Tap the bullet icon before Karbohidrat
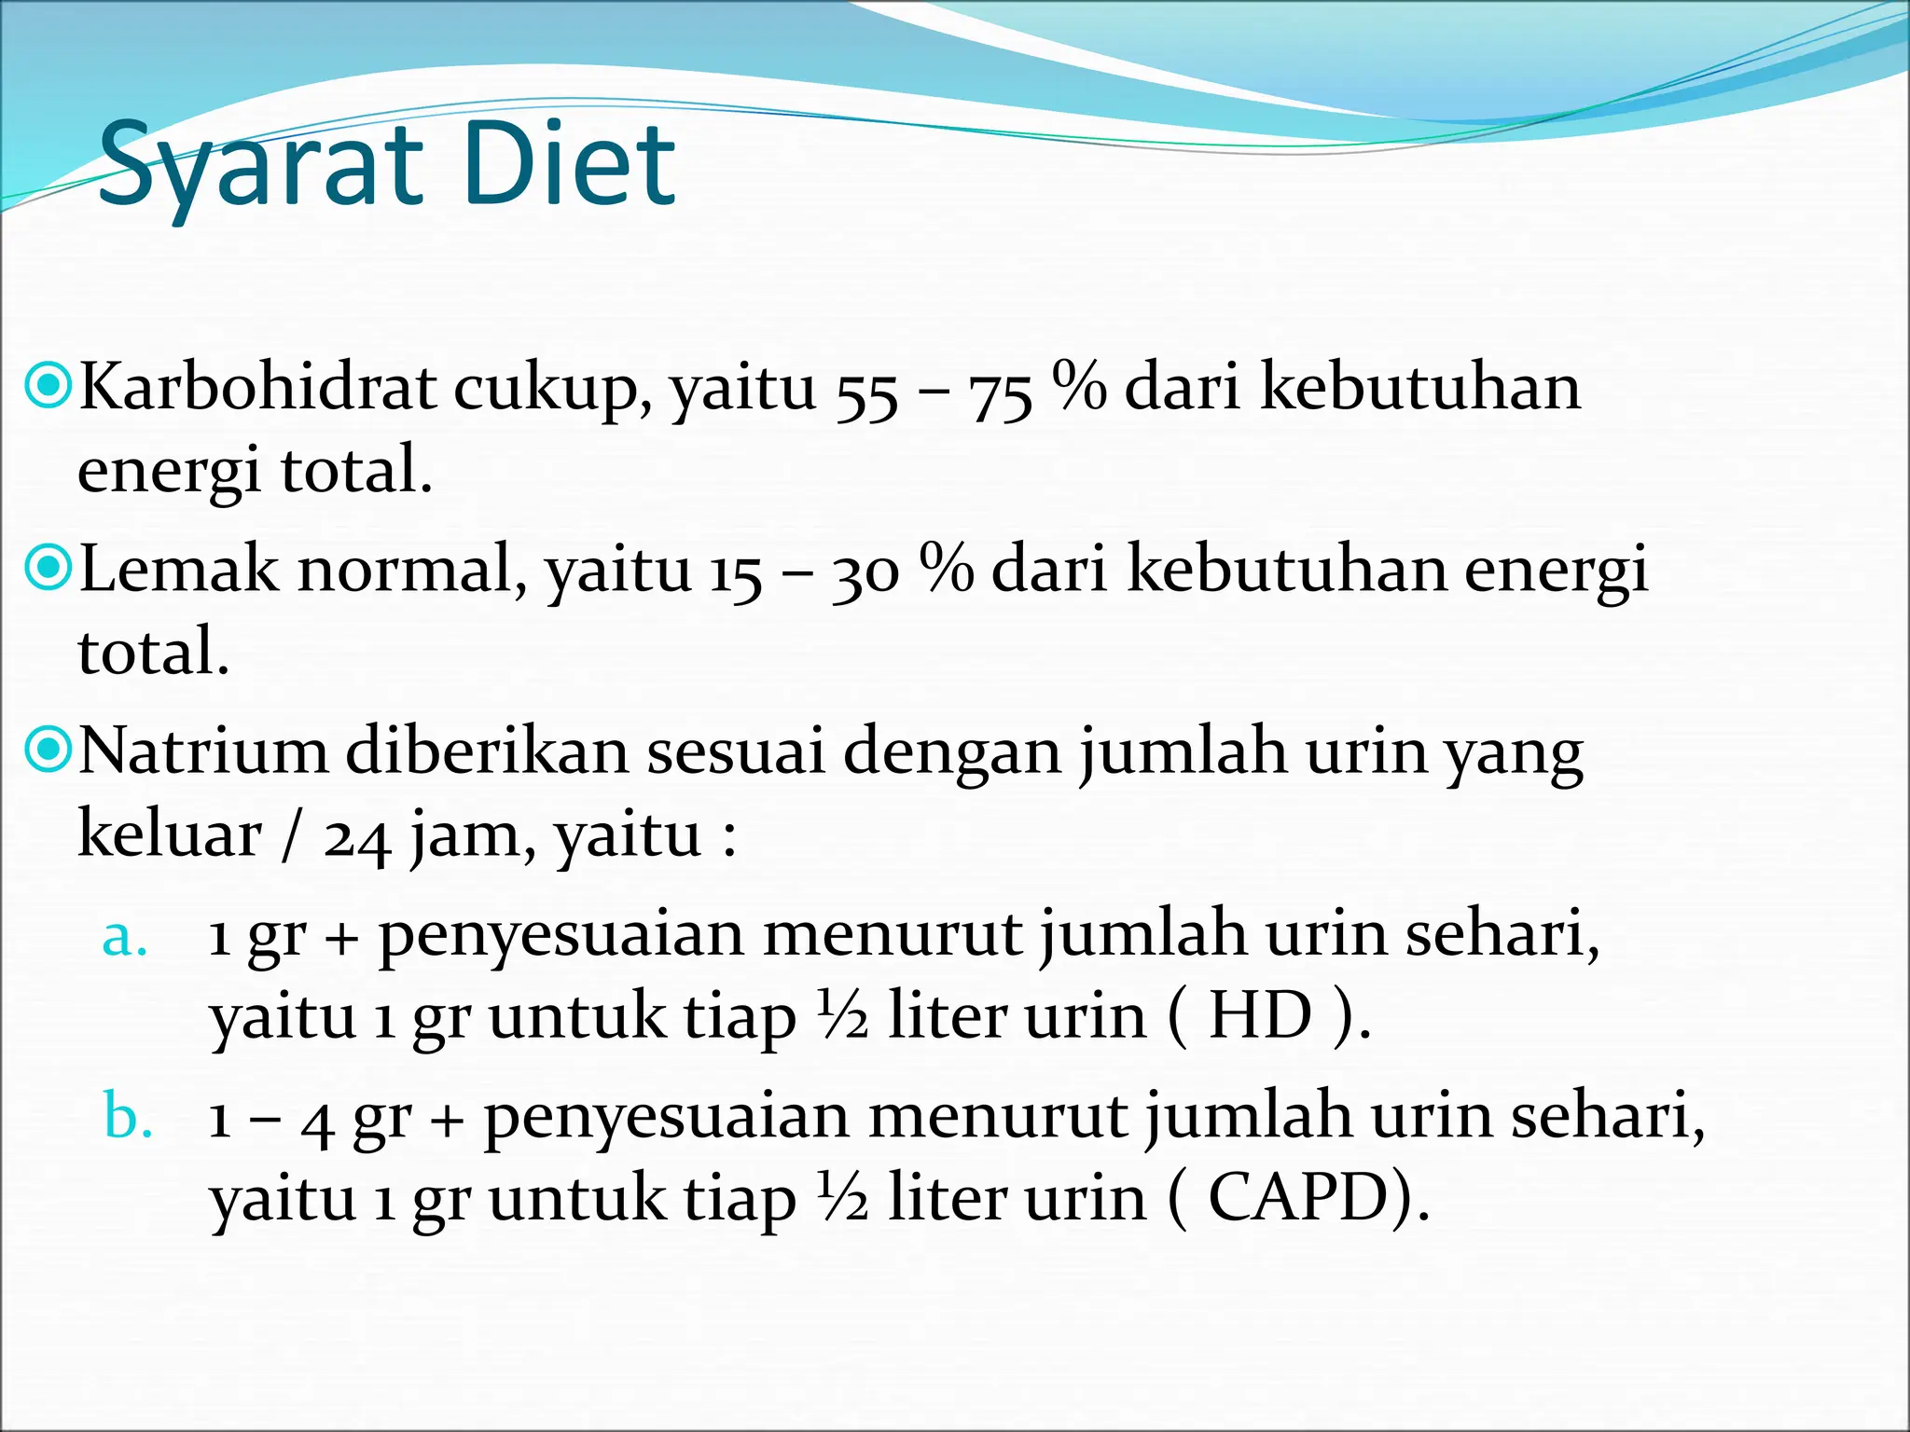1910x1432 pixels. tap(47, 386)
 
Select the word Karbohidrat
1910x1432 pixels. tap(257, 386)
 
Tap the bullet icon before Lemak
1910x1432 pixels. tap(47, 568)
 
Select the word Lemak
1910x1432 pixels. tap(178, 568)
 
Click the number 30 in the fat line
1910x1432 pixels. tap(865, 573)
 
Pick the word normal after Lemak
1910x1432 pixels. tap(405, 568)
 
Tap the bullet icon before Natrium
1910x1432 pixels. tap(47, 750)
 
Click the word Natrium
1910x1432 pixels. tap(203, 750)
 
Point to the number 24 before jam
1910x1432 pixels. tap(357, 838)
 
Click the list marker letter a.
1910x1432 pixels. tap(125, 937)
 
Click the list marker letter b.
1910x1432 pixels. tap(128, 1115)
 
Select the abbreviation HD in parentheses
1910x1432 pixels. tap(1261, 1015)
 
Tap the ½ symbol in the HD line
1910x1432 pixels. tap(843, 1015)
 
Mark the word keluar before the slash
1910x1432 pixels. tap(170, 833)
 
